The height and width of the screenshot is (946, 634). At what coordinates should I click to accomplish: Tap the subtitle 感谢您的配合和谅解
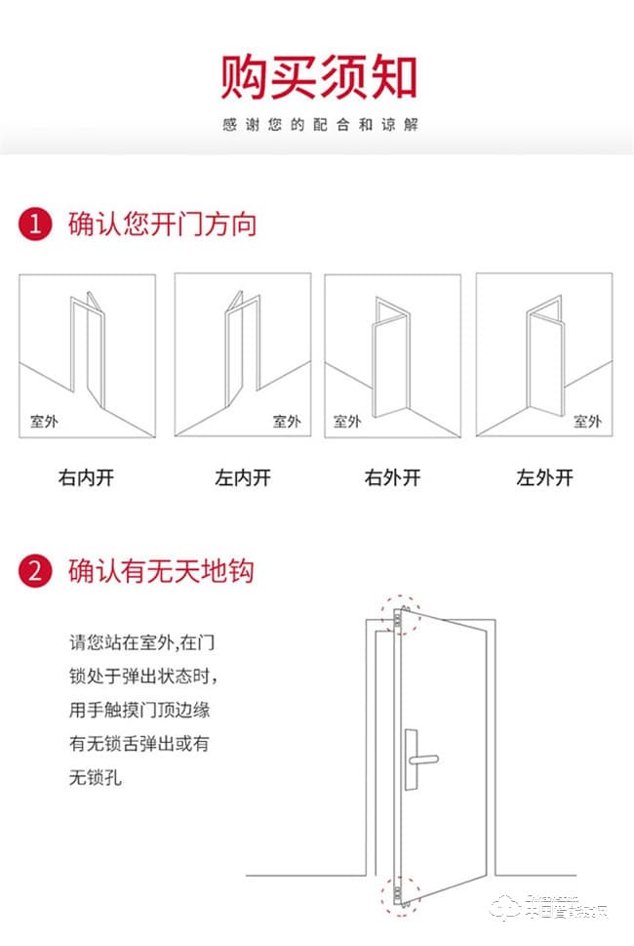(318, 126)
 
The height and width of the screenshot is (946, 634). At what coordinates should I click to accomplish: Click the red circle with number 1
(35, 225)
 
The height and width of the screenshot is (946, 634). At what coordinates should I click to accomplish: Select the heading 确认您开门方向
(162, 225)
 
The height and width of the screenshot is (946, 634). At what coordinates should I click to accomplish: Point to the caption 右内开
(86, 477)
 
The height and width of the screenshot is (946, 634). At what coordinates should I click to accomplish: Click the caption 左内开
(242, 477)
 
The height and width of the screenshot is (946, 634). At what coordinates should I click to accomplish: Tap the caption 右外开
(392, 477)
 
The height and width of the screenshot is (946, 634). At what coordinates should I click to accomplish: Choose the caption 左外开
(544, 477)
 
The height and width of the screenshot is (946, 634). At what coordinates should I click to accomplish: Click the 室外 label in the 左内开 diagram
(287, 422)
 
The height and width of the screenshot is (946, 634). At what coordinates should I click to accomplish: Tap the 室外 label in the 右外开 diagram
(347, 422)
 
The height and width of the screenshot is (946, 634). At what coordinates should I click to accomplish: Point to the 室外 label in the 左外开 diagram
(587, 422)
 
